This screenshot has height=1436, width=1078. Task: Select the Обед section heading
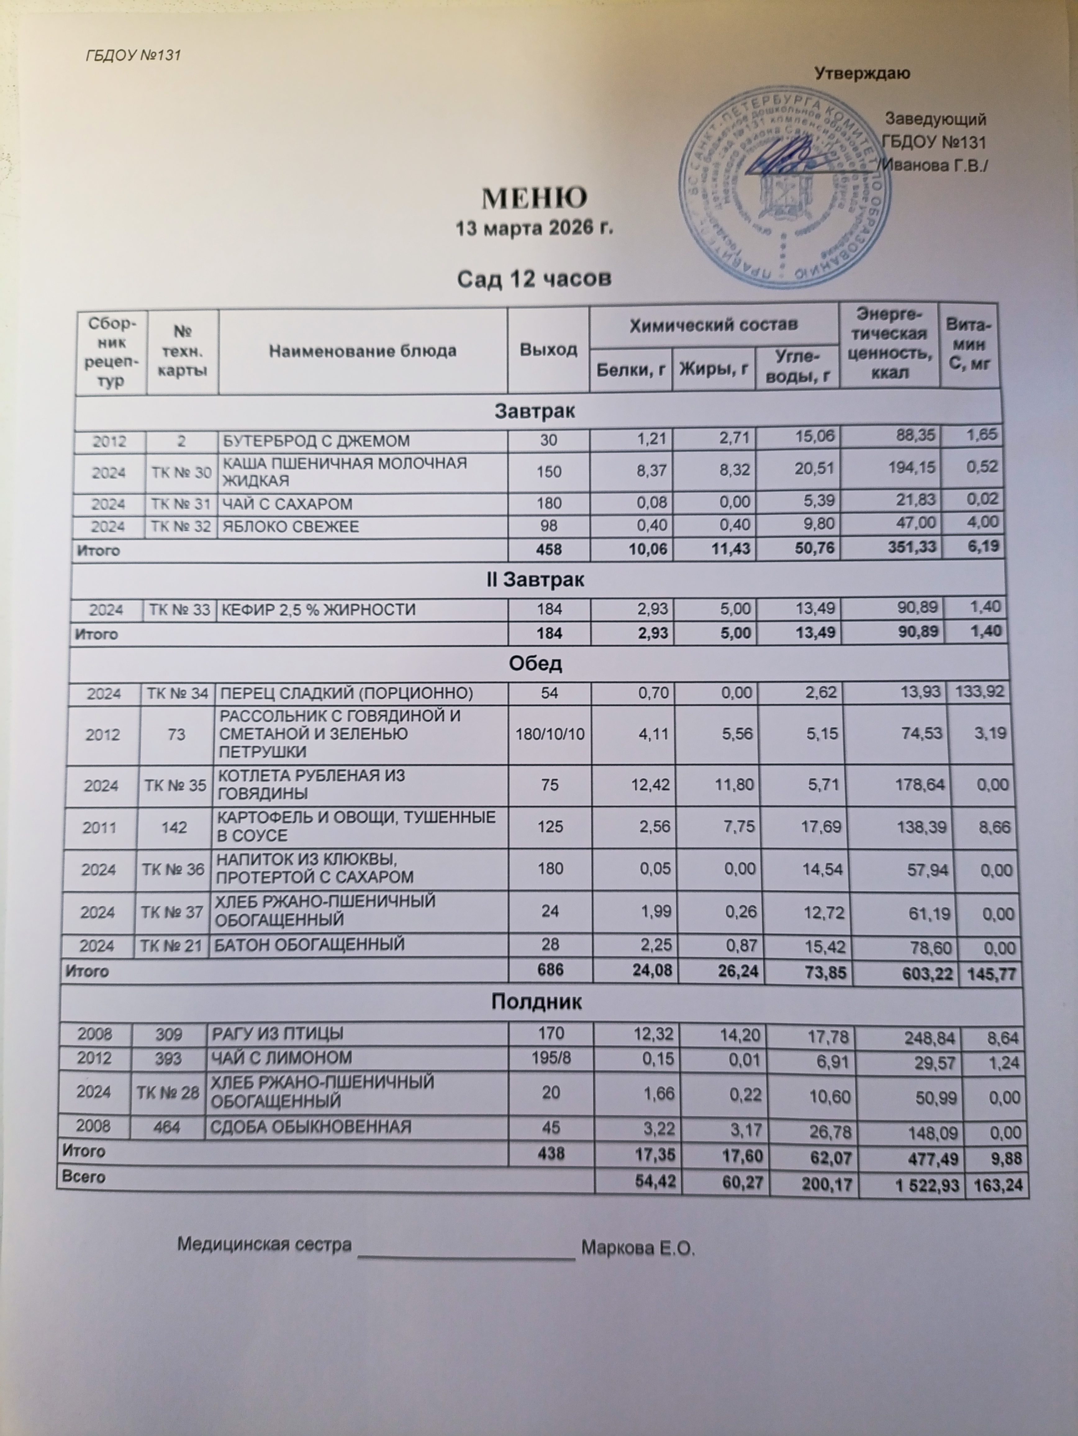coord(536,663)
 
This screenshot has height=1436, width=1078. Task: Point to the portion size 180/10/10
coord(550,734)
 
